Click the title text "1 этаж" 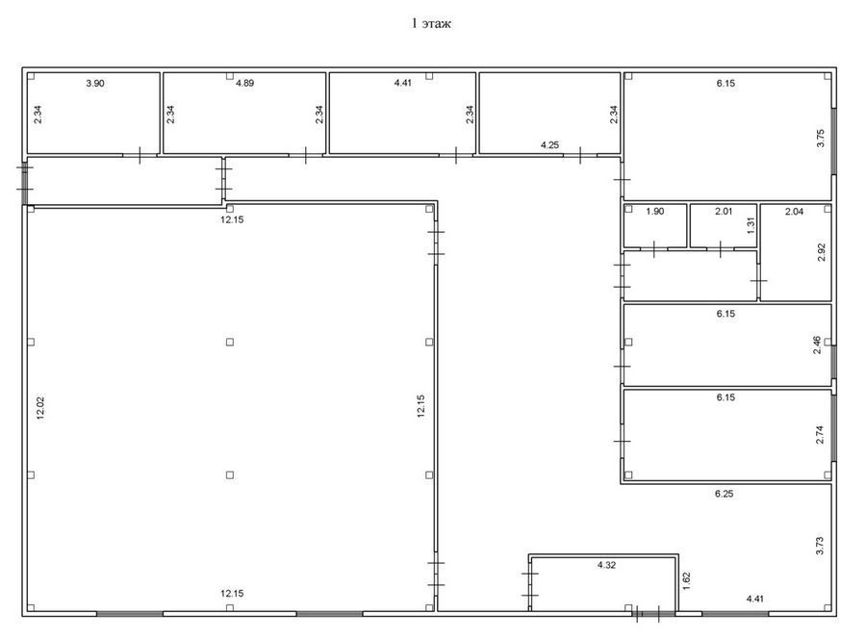tap(431, 24)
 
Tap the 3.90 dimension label tap(95, 84)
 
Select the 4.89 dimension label tap(244, 84)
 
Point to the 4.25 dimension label tap(549, 144)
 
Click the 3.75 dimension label tap(820, 138)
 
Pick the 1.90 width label tap(655, 211)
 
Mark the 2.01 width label tap(724, 211)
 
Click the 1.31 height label tap(750, 225)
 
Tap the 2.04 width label tap(794, 211)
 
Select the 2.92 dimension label tap(821, 252)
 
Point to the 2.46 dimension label tap(817, 345)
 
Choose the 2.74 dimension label tap(820, 435)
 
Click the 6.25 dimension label tap(724, 494)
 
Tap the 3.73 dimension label tap(820, 546)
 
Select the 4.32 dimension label tap(606, 565)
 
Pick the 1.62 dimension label tap(686, 581)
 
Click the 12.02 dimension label tap(39, 408)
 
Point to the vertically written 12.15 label tap(420, 406)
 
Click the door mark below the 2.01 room tap(721, 249)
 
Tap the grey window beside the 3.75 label tap(833, 141)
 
